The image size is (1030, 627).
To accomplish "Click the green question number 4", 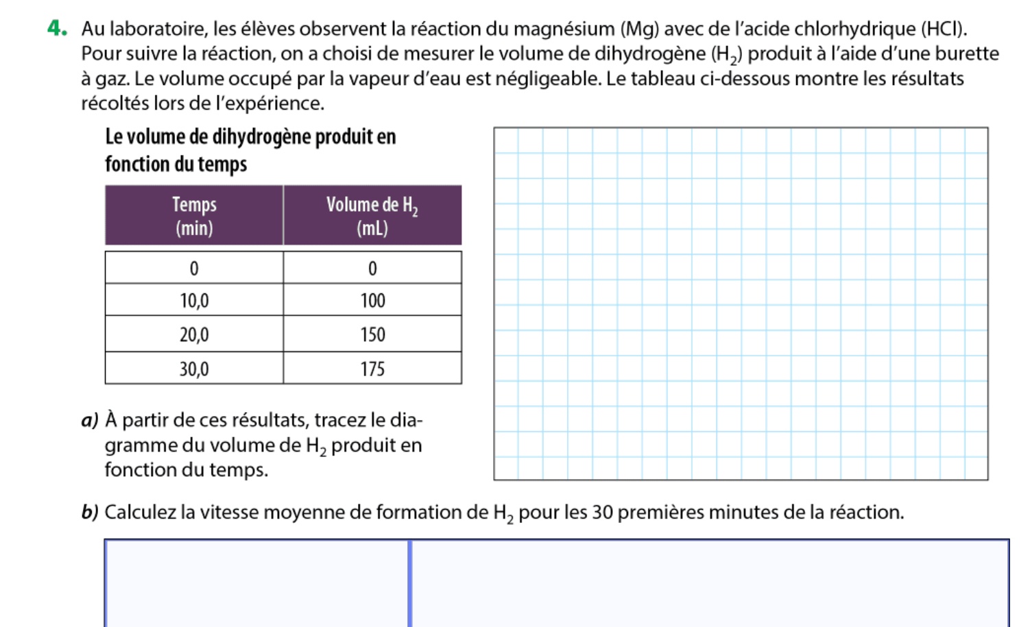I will pyautogui.click(x=58, y=28).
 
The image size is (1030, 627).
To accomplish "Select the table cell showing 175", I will pyautogui.click(x=372, y=369).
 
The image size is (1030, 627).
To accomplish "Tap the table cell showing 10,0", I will pyautogui.click(x=194, y=300).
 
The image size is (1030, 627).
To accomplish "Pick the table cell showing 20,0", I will pyautogui.click(x=194, y=334).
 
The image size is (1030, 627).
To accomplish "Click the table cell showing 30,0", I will pyautogui.click(x=194, y=369).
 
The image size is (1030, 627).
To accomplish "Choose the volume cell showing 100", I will pyautogui.click(x=372, y=300).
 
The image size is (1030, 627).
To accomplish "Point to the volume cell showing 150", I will pyautogui.click(x=372, y=334).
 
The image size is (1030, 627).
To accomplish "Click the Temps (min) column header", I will pyautogui.click(x=194, y=215).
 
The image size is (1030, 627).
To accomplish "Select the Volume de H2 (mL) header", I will pyautogui.click(x=372, y=215).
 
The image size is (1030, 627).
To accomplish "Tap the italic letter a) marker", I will pyautogui.click(x=89, y=419).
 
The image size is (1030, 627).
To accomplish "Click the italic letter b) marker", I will pyautogui.click(x=89, y=512).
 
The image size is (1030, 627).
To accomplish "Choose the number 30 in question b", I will pyautogui.click(x=602, y=512).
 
